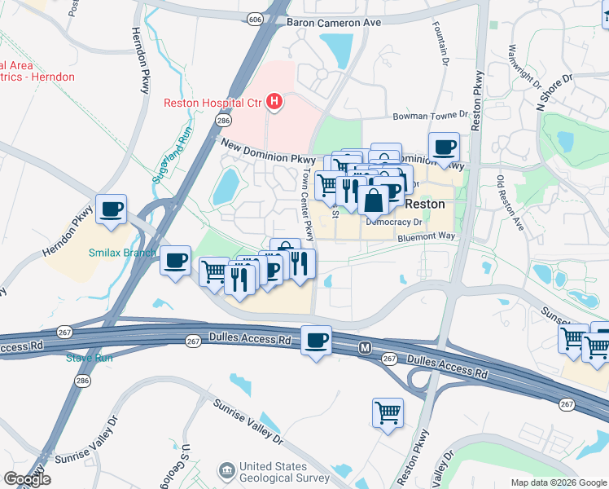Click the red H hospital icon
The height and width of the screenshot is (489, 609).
[275, 103]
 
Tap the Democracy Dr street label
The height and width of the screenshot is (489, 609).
[394, 221]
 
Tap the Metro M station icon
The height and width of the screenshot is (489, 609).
[366, 348]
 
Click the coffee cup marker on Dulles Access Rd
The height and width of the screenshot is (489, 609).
[316, 340]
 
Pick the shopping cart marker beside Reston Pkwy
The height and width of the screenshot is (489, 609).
[388, 412]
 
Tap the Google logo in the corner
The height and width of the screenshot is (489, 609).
[27, 479]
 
